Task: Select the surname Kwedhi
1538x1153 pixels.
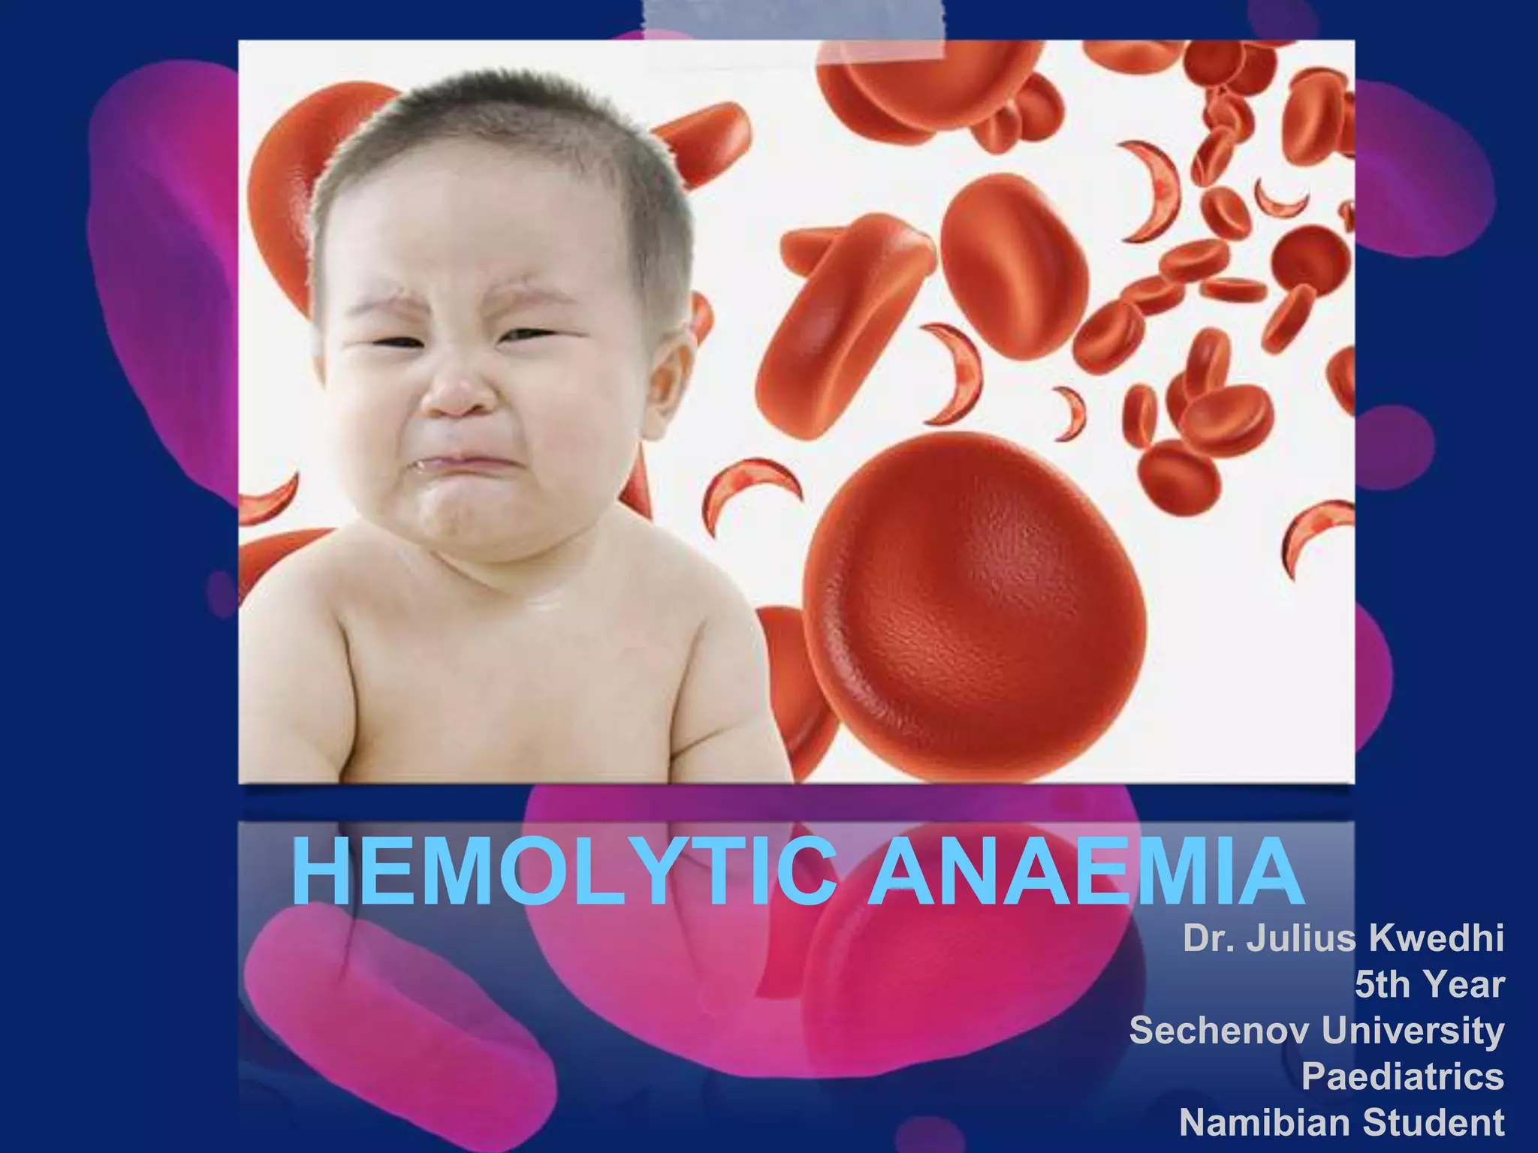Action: pos(1436,938)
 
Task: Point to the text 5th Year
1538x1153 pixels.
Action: pos(1429,984)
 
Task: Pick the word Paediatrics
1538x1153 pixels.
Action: pos(1402,1076)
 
